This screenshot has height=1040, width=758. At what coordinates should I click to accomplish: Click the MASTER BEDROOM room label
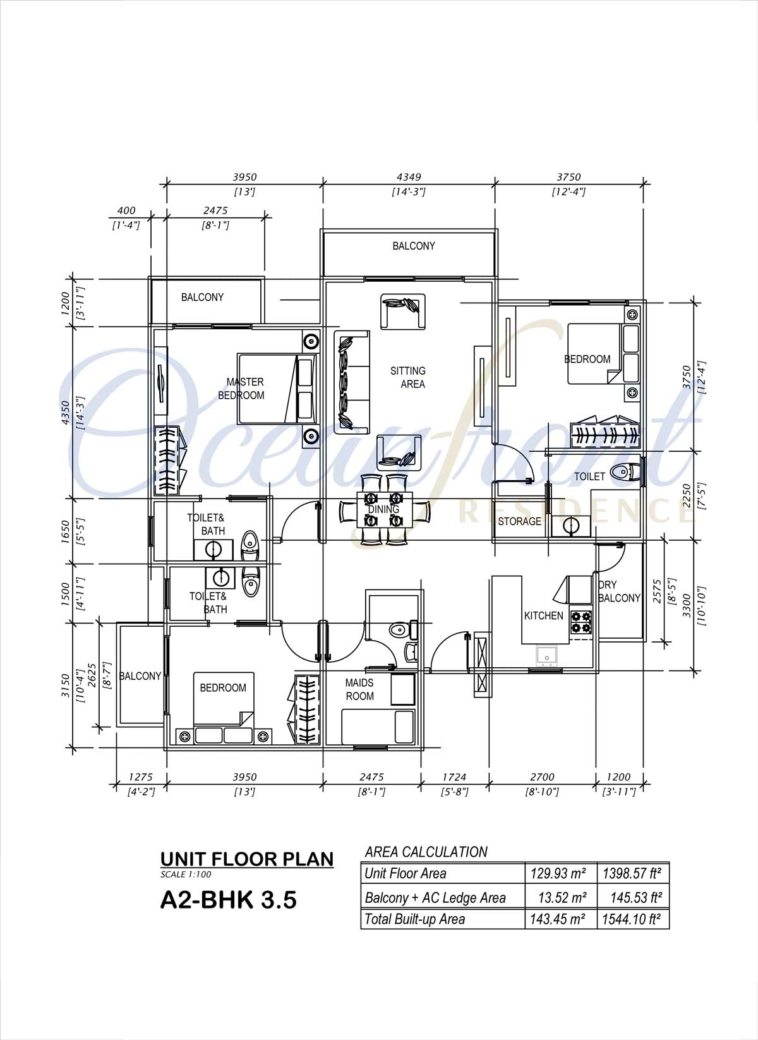click(241, 389)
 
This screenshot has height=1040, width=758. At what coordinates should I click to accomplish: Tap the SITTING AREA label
click(408, 377)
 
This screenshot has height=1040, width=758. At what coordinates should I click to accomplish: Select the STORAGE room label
click(519, 521)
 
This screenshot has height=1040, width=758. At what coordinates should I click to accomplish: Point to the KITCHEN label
click(544, 615)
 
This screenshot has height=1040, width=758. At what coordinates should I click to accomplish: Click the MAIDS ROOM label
click(360, 689)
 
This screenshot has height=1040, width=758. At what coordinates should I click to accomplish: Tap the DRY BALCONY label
click(619, 591)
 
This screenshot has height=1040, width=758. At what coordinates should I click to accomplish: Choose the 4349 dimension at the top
click(409, 177)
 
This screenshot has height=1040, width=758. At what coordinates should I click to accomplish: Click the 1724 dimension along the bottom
click(454, 777)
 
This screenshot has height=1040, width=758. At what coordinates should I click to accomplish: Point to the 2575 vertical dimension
click(658, 591)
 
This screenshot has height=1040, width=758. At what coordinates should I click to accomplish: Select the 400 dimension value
click(126, 210)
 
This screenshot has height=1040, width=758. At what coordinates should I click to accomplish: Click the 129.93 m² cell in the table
click(558, 874)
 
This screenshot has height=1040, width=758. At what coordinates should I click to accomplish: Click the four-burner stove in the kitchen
click(581, 622)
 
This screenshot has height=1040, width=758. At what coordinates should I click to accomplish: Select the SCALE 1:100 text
click(186, 874)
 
